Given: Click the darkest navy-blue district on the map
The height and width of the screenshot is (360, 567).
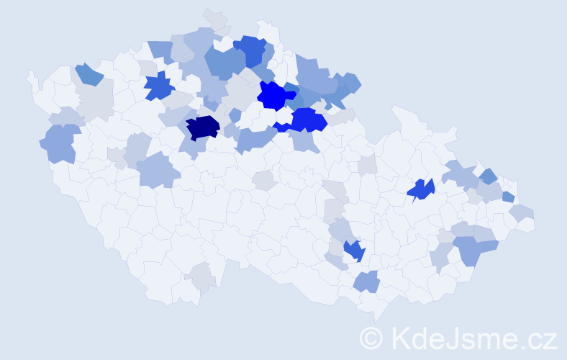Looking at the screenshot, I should click(x=202, y=127).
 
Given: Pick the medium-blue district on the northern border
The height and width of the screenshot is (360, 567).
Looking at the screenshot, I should click(x=251, y=50).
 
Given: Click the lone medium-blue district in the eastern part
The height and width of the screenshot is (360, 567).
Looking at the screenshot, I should click(x=421, y=189).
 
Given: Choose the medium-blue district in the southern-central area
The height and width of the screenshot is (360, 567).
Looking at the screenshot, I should click(x=354, y=251).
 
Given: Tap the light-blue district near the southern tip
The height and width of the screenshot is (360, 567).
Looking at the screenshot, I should click(x=366, y=281).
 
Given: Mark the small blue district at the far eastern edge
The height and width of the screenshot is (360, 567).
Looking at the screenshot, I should click(x=508, y=197).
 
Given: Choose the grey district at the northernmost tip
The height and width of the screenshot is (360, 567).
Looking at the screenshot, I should click(x=215, y=19).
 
